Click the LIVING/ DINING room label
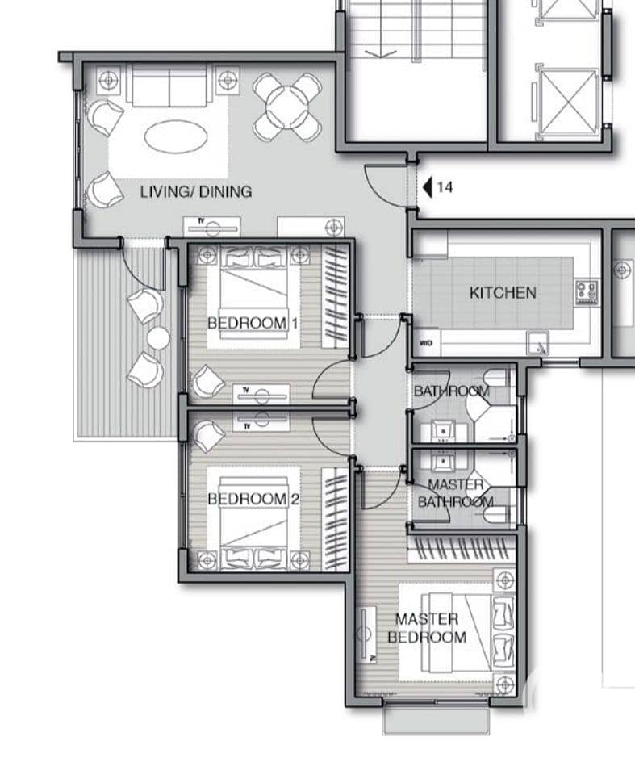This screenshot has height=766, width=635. coord(196,191)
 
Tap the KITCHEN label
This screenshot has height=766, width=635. coord(503,293)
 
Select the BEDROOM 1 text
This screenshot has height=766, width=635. coord(253,323)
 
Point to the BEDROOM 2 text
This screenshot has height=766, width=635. coord(253,499)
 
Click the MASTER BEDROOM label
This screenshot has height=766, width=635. coord(427,628)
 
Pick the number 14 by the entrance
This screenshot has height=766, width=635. coord(445,187)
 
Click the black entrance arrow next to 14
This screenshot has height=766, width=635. coord(428,187)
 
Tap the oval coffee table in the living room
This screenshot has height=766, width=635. coord(176,136)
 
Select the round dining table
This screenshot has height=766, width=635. coord(286,107)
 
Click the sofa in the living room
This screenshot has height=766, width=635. coord(169,86)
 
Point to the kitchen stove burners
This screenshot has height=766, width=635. coord(587,292)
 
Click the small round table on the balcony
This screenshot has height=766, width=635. coord(158,338)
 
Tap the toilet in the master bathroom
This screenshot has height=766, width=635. coord(499,514)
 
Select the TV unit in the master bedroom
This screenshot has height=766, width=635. coord(366,635)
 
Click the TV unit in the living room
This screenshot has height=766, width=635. coord(212,228)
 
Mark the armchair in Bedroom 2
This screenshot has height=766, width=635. coord(208,436)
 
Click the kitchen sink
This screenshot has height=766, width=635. coord(538,343)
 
